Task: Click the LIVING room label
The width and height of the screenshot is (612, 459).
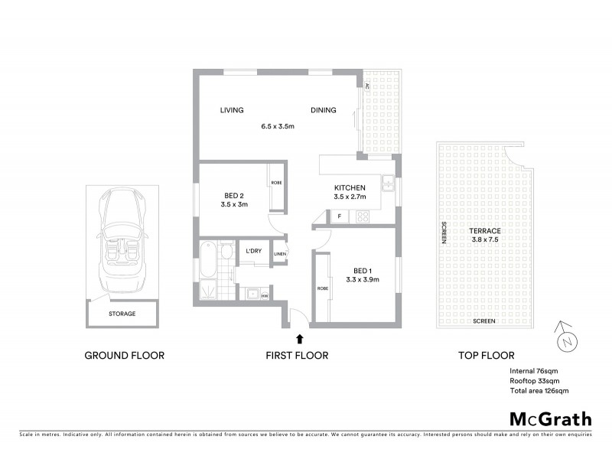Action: [232, 110]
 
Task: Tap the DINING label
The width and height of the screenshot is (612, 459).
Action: [324, 110]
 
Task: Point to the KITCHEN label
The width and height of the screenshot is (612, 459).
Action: [350, 188]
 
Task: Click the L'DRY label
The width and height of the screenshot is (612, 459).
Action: [254, 251]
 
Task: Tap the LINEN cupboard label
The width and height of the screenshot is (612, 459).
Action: [280, 254]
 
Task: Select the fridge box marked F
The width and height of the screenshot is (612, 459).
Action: [339, 216]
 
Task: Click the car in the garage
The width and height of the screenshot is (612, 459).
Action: [121, 239]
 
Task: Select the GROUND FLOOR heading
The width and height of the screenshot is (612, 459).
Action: [124, 355]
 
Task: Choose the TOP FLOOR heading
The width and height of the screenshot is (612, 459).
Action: [486, 355]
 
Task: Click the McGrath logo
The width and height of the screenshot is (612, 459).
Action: [551, 418]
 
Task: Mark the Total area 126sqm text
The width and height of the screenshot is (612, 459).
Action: [539, 391]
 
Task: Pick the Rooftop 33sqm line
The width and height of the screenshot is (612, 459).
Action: [534, 381]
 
